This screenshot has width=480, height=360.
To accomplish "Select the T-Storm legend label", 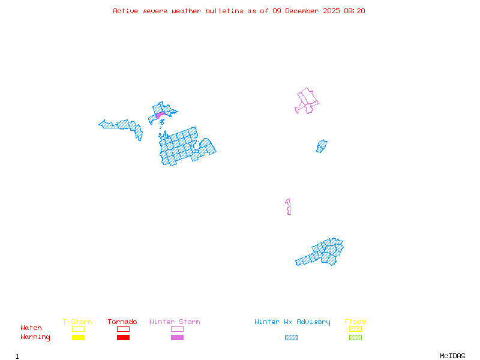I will pos(77,322).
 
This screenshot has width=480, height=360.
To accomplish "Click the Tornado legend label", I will pos(122,322).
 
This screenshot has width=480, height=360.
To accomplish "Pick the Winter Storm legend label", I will pos(175,322).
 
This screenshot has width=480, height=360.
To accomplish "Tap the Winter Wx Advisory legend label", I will pos(292,322).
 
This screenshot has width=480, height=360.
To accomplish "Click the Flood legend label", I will pos(355,322).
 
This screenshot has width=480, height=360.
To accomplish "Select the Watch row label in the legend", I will pos(31,328).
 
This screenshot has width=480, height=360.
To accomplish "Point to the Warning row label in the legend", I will pos(35,337).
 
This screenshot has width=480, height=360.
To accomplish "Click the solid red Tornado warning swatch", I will pos(123,338).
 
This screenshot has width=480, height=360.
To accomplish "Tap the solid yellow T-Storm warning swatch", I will pos(78,338).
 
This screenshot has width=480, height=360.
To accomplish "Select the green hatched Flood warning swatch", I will pos(355,338).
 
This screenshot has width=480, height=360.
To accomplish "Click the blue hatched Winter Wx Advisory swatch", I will pos(291,338).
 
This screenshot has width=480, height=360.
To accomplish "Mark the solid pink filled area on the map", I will pos(160,114).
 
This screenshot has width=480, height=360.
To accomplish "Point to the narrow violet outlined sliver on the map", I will pos(289,207).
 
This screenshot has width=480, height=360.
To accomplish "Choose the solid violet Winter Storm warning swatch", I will pos(177,338).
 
